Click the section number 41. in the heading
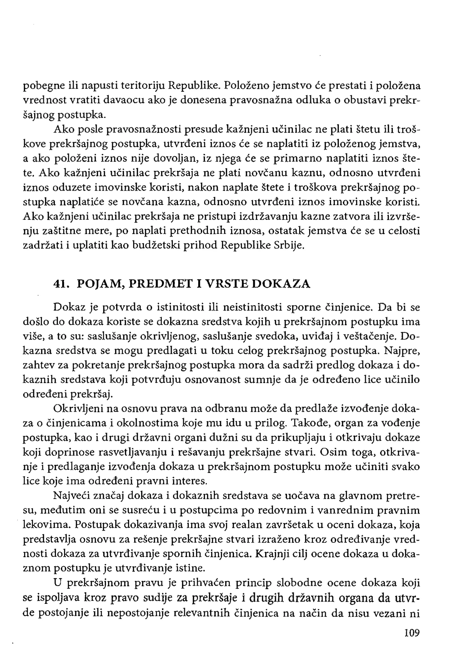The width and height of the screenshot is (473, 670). (61, 284)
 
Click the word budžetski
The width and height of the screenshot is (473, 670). (156, 245)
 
